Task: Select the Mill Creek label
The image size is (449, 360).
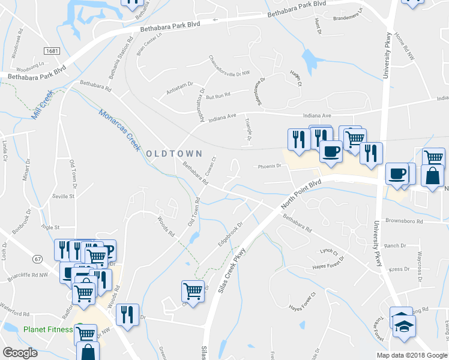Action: [x=43, y=104]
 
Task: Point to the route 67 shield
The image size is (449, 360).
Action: [x=38, y=259]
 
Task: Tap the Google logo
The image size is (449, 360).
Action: [x=20, y=353]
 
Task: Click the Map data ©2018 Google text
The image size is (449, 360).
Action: [x=412, y=355]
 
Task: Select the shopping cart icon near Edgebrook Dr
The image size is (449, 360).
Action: [x=193, y=292]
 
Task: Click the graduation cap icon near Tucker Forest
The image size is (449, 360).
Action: [x=403, y=324]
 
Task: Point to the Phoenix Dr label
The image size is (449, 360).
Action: [x=270, y=166]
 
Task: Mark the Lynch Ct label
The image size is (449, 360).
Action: [x=328, y=251]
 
